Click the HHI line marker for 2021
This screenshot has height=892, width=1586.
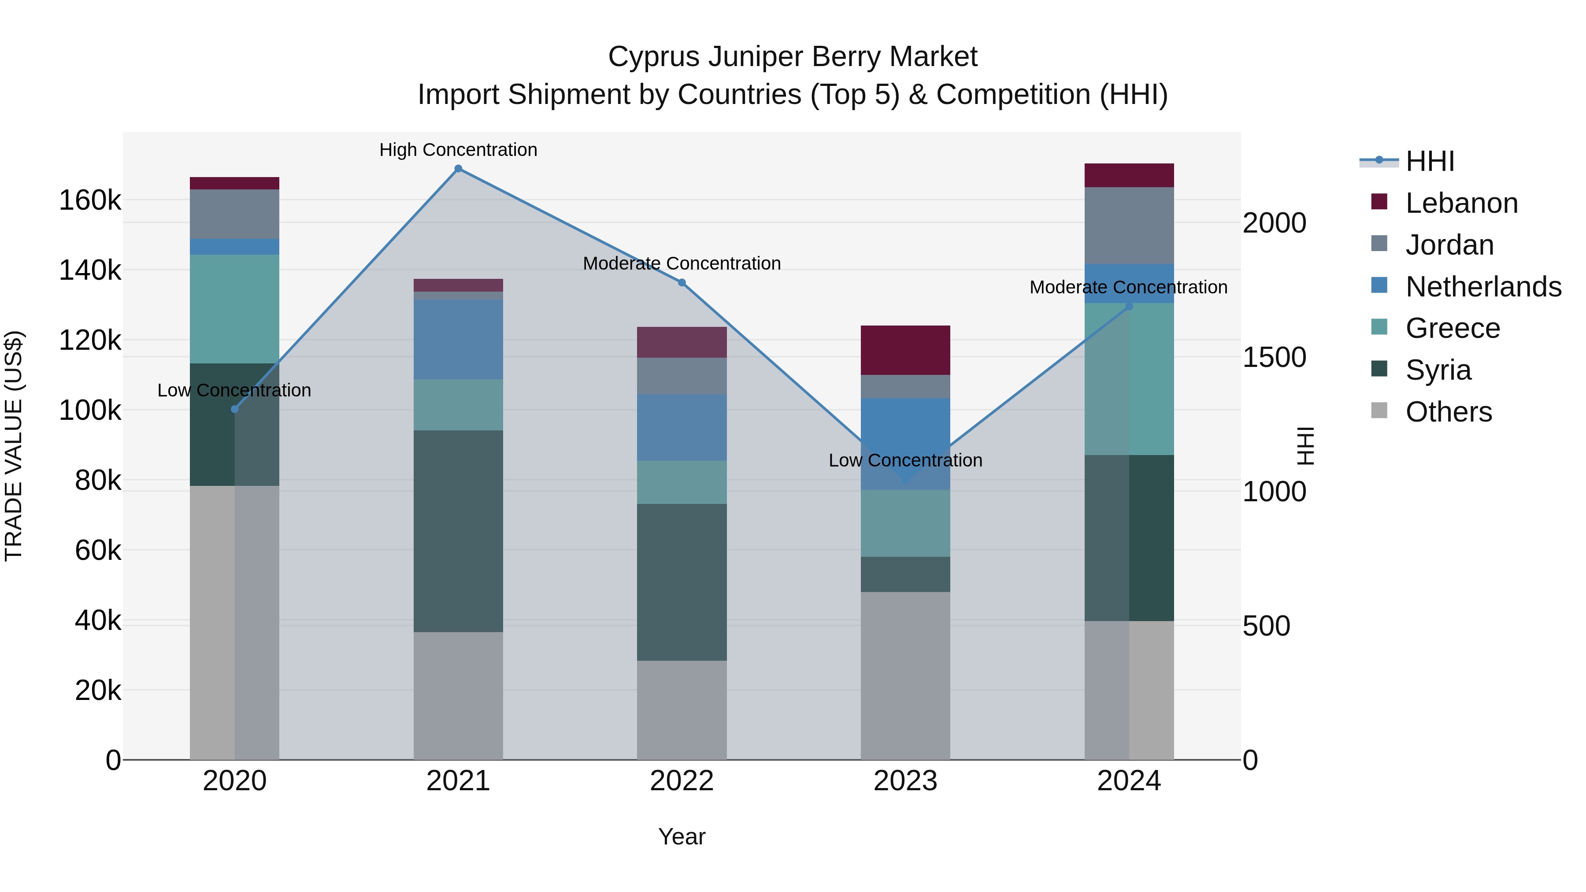click(x=458, y=169)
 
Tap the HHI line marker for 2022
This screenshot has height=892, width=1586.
click(x=682, y=282)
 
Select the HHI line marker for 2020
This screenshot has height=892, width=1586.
click(x=234, y=409)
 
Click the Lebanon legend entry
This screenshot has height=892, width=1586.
click(x=1461, y=203)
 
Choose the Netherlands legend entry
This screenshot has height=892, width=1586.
click(x=1482, y=287)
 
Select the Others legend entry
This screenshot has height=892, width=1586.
click(x=1448, y=412)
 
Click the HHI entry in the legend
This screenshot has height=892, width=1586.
click(x=1429, y=161)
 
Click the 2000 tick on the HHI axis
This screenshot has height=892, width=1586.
click(x=1274, y=223)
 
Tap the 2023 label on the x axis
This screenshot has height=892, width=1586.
click(x=905, y=781)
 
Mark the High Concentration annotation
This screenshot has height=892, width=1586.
click(x=458, y=150)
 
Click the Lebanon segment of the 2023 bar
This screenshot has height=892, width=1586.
click(x=905, y=350)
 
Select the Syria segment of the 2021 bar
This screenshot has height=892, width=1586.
click(x=458, y=531)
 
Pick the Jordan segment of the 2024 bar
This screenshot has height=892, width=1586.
click(x=1129, y=225)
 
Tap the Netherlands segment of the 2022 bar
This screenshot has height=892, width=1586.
click(x=682, y=427)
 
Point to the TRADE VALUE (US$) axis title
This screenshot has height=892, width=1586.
click(x=14, y=446)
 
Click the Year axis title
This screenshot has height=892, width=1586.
click(x=682, y=836)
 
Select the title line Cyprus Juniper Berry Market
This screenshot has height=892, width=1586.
click(x=793, y=57)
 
